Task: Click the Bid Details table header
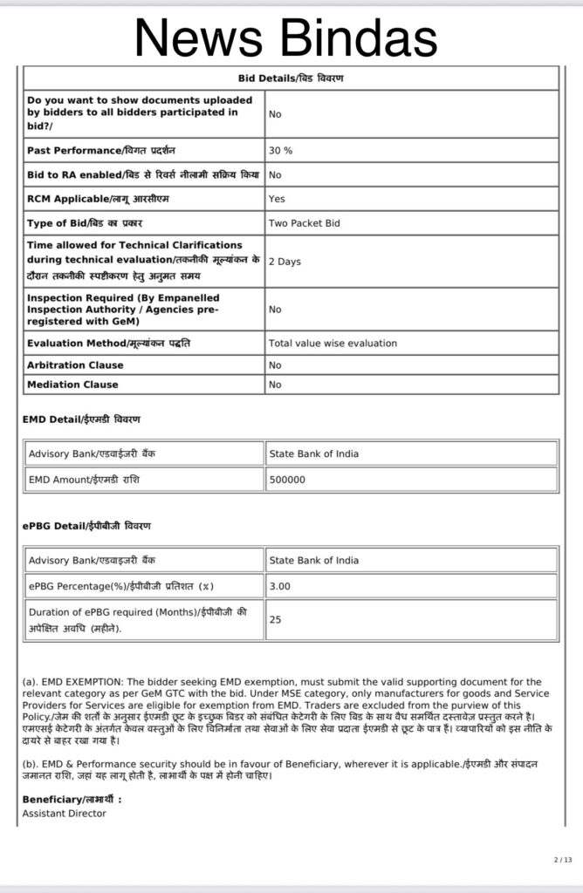coord(291,78)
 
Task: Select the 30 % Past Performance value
coord(281,150)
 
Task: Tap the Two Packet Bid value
coord(304,223)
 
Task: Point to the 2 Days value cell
coord(284,261)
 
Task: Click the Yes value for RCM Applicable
coord(277,199)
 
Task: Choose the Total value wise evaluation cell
coord(333,343)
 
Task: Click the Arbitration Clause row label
coord(75,365)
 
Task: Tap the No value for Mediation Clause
coord(275,384)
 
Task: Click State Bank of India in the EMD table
coord(314,453)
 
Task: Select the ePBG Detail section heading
coord(86,525)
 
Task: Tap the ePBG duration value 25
coord(276,619)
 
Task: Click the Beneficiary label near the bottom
coord(72,800)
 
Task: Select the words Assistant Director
coord(64,813)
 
